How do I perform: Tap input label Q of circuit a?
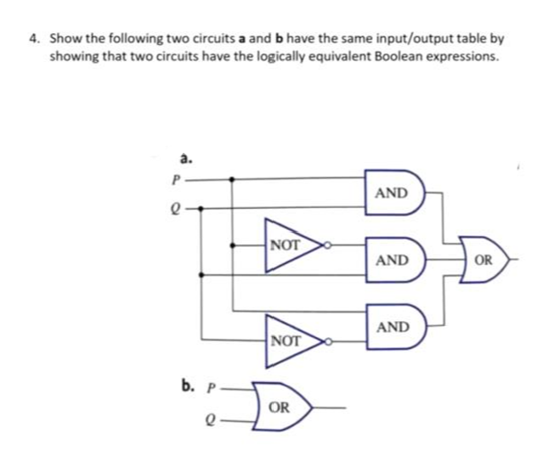[177, 205]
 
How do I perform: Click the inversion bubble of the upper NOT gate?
[325, 247]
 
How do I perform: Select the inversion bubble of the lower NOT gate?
[325, 341]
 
